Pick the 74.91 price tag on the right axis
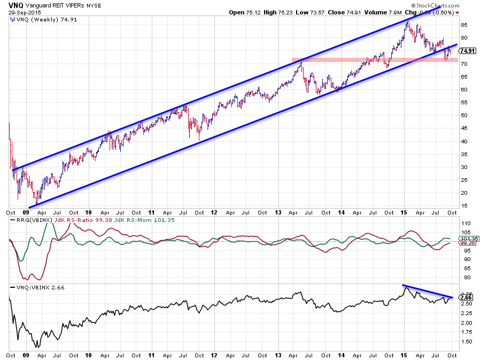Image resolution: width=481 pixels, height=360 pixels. tap(468, 51)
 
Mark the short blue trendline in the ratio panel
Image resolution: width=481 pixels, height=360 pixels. tap(428, 291)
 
